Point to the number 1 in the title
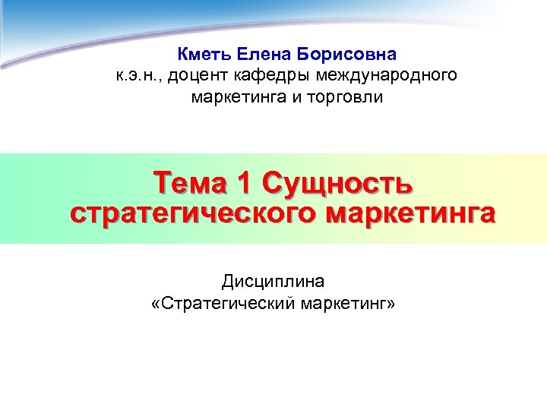point(243,183)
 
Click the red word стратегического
point(194,212)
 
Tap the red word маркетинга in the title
point(411,212)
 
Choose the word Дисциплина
point(273,282)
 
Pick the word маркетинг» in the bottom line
point(349,304)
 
